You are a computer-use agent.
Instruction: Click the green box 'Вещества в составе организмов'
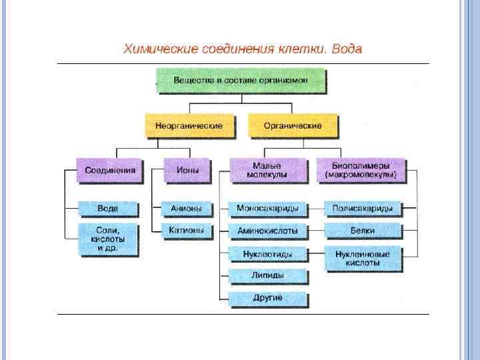click(241, 80)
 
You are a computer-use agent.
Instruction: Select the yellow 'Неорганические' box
click(189, 125)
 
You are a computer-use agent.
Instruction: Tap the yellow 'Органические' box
click(292, 125)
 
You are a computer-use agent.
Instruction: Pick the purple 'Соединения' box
click(110, 170)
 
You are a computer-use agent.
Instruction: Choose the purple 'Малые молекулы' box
click(267, 170)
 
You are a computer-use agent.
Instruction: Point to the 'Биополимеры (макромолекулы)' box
click(361, 170)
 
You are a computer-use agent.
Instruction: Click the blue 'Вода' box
click(108, 209)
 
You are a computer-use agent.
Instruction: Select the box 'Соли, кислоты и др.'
click(108, 239)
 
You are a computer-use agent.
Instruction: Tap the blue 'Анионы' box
click(187, 209)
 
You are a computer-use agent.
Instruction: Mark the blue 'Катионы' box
click(187, 231)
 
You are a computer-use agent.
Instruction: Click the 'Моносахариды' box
click(267, 209)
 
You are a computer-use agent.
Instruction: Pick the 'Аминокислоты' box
click(267, 231)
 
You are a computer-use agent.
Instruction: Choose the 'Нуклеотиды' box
click(267, 254)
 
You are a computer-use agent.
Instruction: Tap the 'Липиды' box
click(267, 276)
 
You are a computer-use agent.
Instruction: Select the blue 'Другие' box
click(267, 297)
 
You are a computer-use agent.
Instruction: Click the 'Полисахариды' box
click(363, 209)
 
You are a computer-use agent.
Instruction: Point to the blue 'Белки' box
click(363, 231)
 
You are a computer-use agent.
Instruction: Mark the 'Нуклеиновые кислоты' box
click(363, 258)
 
